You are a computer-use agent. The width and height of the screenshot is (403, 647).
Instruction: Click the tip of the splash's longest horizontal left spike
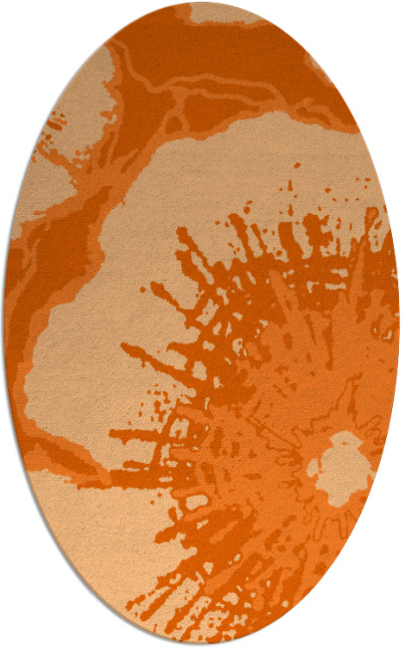click(112, 436)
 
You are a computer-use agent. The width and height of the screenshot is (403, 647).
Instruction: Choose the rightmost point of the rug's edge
click(399, 323)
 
